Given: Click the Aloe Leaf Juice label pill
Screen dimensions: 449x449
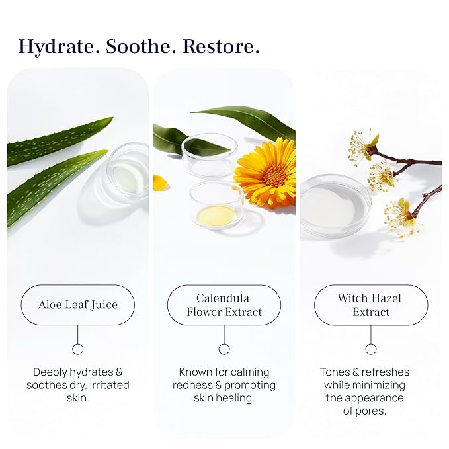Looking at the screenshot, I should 78,305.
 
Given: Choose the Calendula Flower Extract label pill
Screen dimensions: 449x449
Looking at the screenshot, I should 224,305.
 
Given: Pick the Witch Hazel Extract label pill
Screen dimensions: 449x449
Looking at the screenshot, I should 370,305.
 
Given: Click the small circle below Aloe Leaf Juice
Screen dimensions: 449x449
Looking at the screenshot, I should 78,349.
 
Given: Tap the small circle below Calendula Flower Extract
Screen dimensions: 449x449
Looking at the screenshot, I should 224,349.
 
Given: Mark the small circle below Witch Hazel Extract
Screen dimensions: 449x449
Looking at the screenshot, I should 371,349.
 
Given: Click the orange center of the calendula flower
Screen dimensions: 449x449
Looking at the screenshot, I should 275,174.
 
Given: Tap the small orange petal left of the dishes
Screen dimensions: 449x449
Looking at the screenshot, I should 159,182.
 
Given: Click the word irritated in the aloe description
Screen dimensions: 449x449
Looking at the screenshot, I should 106,385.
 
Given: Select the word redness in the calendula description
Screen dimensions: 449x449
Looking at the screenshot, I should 196,385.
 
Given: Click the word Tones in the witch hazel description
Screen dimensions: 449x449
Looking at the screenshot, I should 335,372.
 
